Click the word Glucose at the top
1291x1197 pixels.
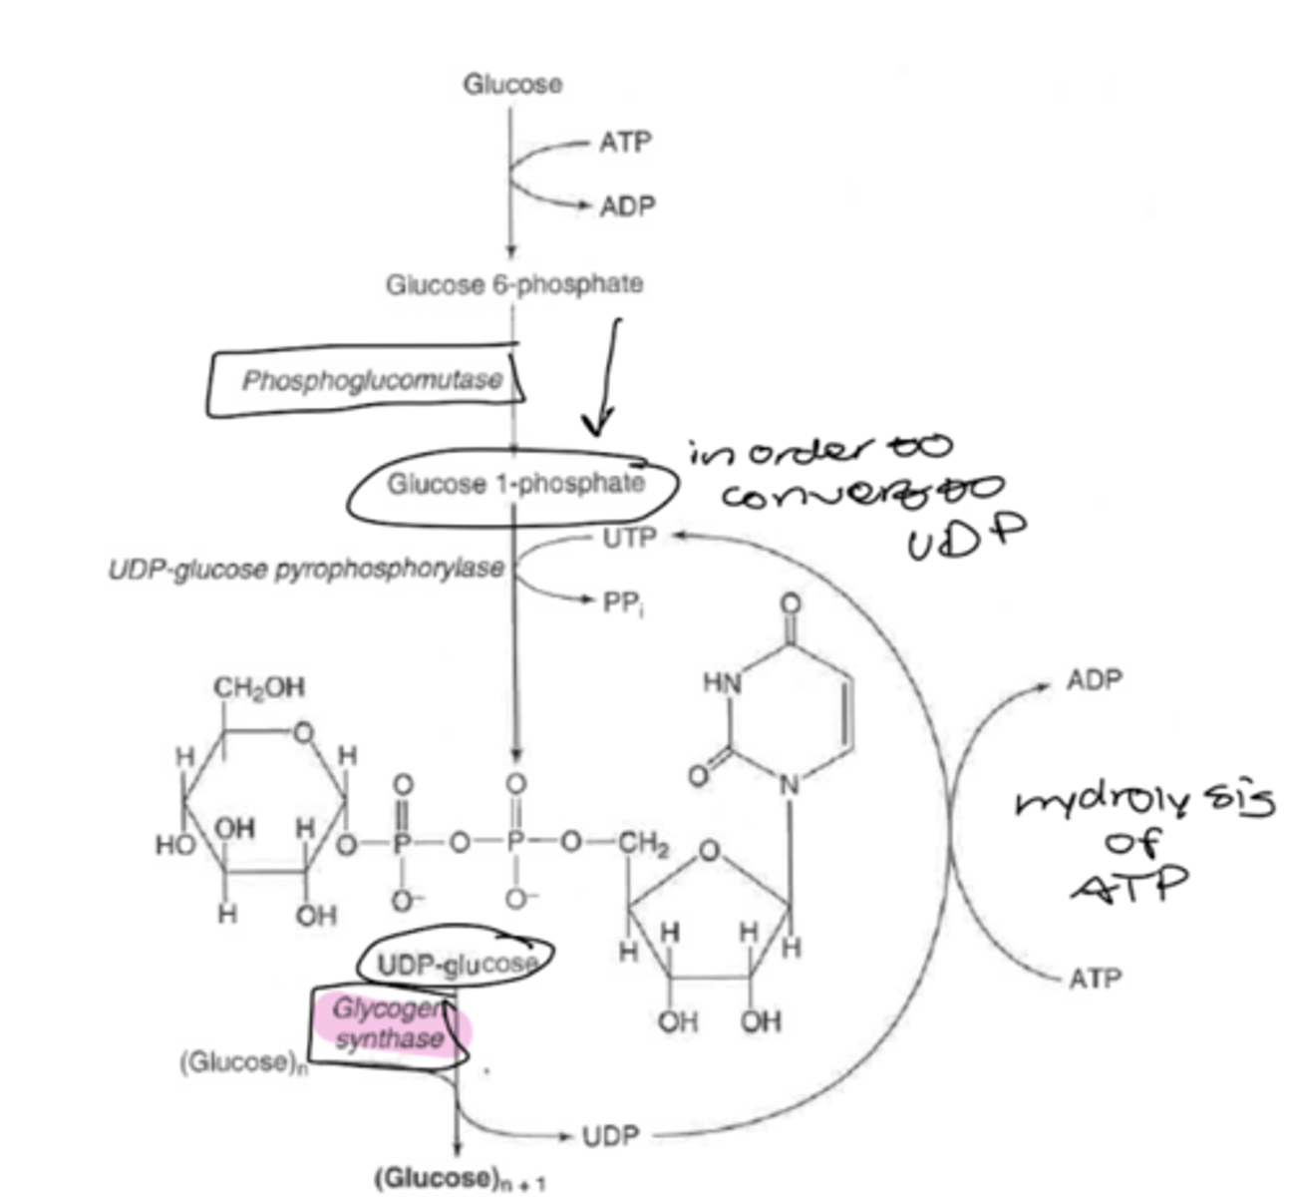pyautogui.click(x=511, y=84)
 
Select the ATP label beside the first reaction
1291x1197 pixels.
pyautogui.click(x=625, y=143)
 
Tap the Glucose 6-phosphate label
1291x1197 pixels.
pyautogui.click(x=514, y=285)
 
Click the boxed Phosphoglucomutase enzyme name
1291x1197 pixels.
pyautogui.click(x=372, y=381)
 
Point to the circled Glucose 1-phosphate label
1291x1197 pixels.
pyautogui.click(x=515, y=485)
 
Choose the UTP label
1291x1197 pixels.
pyautogui.click(x=629, y=539)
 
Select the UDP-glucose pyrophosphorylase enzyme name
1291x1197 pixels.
pyautogui.click(x=306, y=570)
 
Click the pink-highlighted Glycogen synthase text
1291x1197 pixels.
pyautogui.click(x=389, y=1024)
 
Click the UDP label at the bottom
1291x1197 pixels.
pyautogui.click(x=610, y=1136)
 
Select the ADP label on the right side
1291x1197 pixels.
pyautogui.click(x=1094, y=681)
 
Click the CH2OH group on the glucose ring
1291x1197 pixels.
pyautogui.click(x=259, y=688)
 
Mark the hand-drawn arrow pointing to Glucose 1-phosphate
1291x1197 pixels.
pyautogui.click(x=604, y=379)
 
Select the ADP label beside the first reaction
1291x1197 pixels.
pyautogui.click(x=627, y=206)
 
